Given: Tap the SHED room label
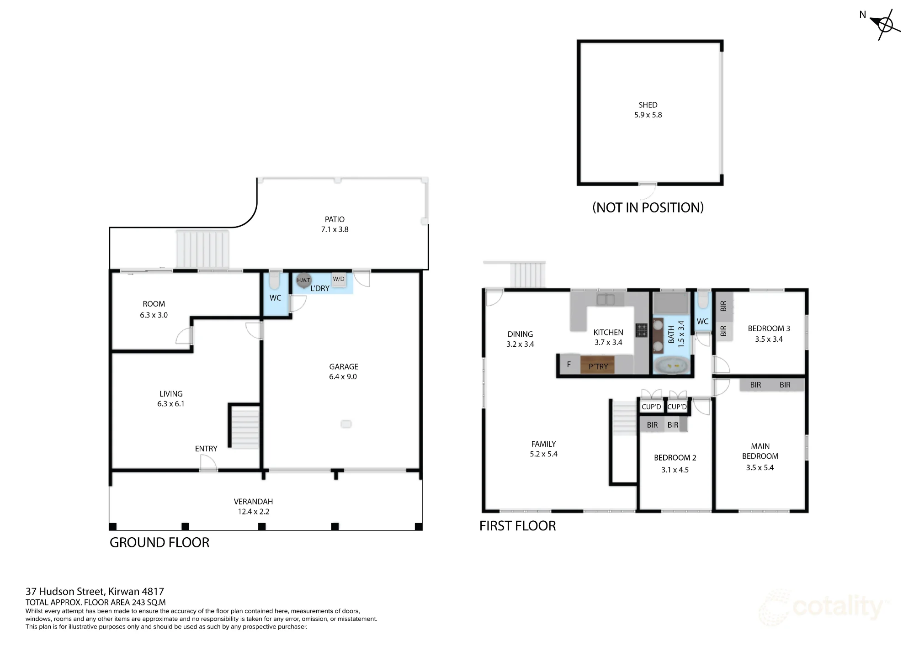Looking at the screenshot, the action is (648, 105).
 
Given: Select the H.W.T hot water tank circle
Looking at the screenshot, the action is (303, 280).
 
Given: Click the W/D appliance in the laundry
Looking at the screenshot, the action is (339, 280).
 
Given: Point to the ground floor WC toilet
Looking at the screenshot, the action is (274, 281).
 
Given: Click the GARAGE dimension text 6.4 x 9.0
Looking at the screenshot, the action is (343, 377).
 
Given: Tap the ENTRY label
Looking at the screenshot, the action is (206, 449).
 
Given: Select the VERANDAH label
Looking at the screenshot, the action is (253, 502).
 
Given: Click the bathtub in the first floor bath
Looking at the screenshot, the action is (671, 366).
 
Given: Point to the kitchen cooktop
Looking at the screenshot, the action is (642, 330).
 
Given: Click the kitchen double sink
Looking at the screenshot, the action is (605, 300).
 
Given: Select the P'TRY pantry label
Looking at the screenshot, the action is (598, 366).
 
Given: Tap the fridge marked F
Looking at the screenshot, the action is (569, 365).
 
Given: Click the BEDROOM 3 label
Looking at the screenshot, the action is (769, 328).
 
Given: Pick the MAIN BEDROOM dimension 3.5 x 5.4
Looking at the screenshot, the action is (760, 468).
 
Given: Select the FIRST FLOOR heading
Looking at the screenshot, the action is (518, 526).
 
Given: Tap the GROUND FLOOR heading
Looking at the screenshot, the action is (159, 543).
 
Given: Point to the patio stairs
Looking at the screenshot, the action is (202, 249).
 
